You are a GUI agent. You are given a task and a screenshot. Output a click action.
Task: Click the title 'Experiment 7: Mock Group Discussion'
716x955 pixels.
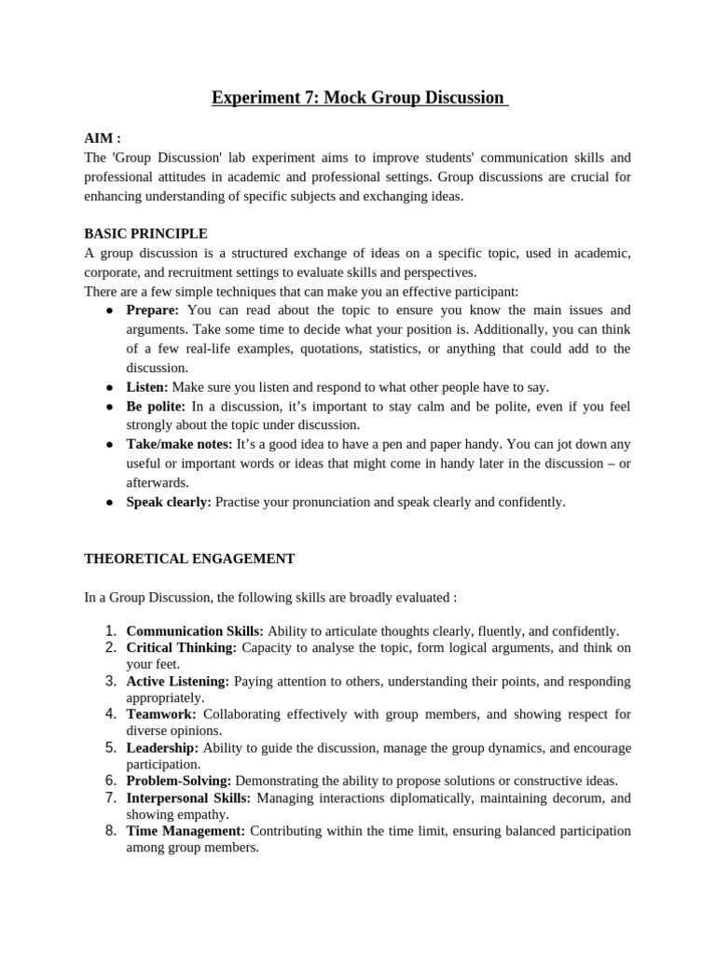[x=359, y=97]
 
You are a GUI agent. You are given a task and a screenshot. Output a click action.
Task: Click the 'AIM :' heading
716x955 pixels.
[x=103, y=138]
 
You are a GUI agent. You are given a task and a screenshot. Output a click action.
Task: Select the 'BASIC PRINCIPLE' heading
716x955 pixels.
[x=146, y=233]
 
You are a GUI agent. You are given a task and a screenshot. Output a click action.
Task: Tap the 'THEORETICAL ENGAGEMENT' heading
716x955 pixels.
[x=189, y=559]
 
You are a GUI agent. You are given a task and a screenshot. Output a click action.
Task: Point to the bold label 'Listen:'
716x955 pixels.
[x=147, y=386]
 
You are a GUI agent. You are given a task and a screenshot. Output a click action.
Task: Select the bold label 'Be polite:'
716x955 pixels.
[x=156, y=406]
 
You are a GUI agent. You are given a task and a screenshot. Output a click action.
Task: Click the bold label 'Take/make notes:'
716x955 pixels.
[x=179, y=444]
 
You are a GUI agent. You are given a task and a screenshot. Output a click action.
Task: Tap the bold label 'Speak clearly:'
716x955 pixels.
[x=169, y=502]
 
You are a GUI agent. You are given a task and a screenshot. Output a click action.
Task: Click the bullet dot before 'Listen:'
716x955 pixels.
[x=109, y=387]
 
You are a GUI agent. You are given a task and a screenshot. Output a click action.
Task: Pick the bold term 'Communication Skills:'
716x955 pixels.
[x=195, y=631]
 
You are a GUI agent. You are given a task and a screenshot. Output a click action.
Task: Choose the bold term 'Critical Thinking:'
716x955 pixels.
[x=181, y=647]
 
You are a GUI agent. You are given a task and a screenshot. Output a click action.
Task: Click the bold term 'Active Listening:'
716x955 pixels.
[x=177, y=682]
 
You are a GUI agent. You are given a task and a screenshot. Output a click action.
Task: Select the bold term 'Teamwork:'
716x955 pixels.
[x=161, y=714]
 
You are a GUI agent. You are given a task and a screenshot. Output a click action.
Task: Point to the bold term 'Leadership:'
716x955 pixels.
[x=162, y=748]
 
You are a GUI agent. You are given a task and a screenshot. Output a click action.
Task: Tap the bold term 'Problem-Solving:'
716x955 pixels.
[x=179, y=781]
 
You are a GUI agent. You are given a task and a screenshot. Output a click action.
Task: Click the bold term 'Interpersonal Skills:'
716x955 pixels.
[x=188, y=798]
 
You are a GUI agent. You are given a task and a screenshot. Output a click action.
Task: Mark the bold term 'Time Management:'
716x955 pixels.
[x=186, y=831]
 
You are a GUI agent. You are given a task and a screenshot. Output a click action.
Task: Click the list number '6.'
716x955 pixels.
[x=110, y=781]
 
